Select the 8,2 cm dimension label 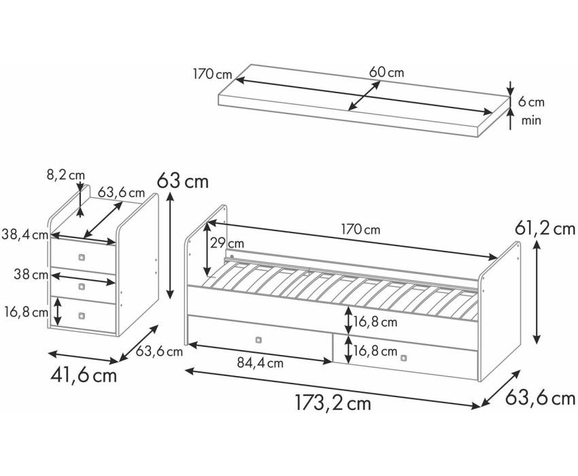click(61, 175)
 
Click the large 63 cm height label click(182, 182)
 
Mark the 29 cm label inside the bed click(227, 243)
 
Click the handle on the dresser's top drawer click(82, 257)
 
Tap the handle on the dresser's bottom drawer click(82, 315)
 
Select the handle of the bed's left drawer click(258, 339)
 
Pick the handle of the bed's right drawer click(405, 358)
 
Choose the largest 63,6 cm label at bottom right click(540, 398)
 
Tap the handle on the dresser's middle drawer click(82, 286)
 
